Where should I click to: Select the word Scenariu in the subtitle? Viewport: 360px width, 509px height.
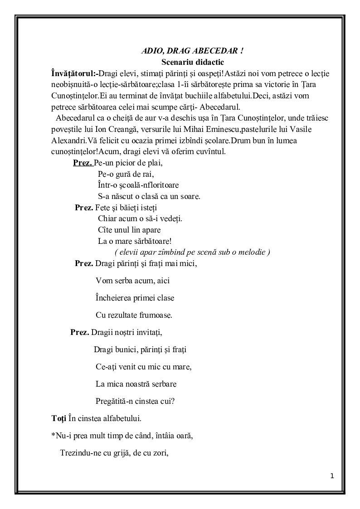coord(177,62)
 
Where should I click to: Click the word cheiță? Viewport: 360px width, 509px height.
coord(119,118)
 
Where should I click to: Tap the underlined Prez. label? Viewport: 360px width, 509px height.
coord(82,163)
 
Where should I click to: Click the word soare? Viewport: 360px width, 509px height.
coord(189,196)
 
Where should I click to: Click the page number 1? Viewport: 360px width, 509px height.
coord(332,476)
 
